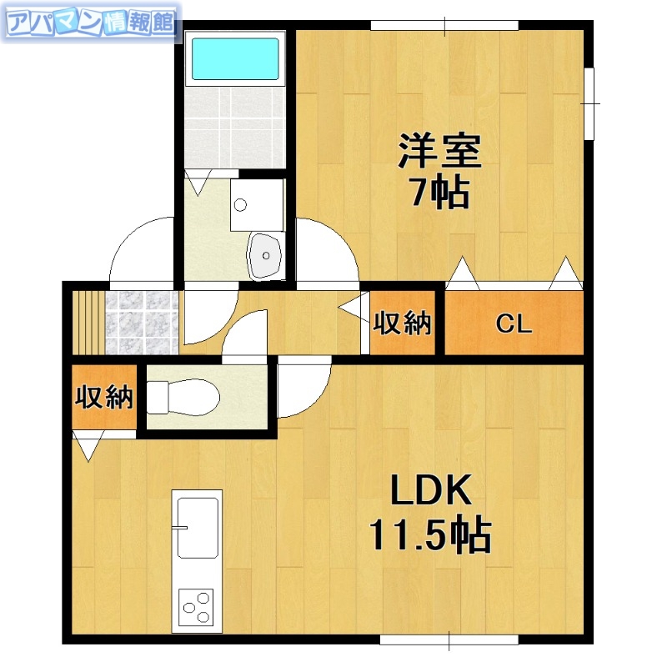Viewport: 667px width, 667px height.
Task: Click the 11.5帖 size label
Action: (429, 538)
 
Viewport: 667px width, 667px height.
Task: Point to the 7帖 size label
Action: (439, 194)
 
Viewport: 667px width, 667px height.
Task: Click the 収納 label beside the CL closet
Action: (403, 323)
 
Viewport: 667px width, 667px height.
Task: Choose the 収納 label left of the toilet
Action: (104, 398)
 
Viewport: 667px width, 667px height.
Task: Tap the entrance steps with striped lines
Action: (86, 322)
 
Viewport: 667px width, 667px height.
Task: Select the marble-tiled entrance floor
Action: (140, 322)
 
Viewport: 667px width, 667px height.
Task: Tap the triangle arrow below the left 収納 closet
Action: (88, 446)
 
